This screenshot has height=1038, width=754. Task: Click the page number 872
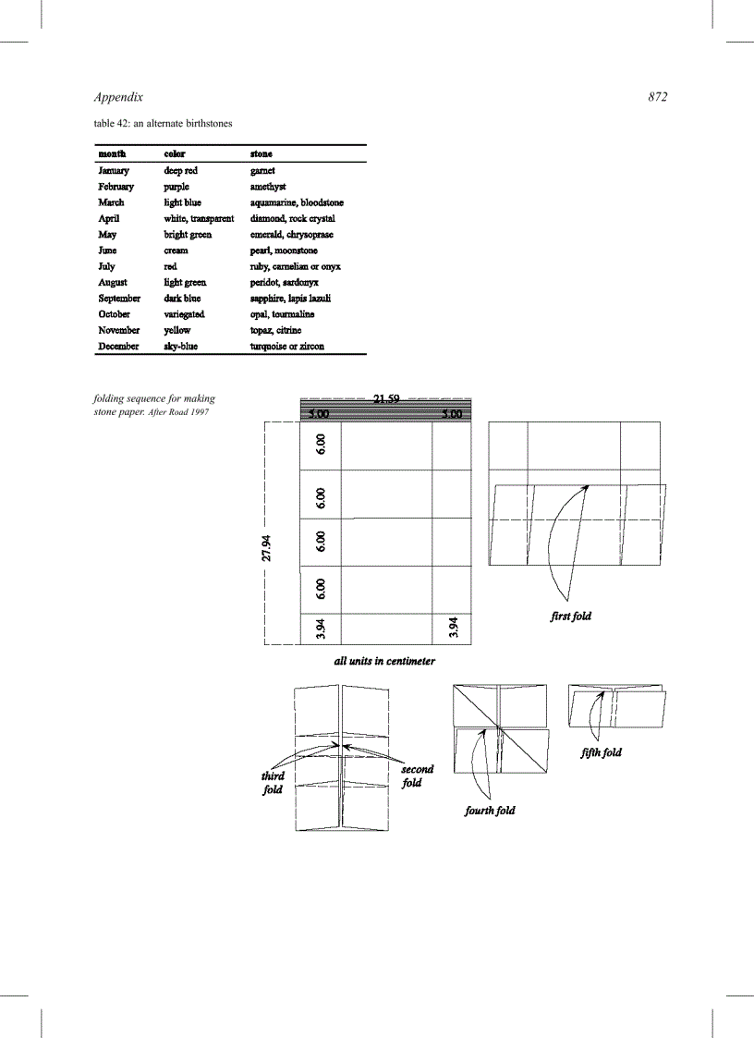[657, 97]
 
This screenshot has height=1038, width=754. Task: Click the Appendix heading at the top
[118, 97]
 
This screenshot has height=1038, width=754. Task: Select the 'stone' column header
[261, 153]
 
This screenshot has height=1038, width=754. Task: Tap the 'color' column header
[175, 153]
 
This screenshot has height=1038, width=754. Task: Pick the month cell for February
[116, 187]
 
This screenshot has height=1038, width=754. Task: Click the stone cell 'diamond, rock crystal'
[292, 219]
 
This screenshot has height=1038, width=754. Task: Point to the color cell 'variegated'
[185, 314]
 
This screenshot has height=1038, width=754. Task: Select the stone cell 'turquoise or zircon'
[286, 347]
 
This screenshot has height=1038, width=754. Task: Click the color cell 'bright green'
[188, 235]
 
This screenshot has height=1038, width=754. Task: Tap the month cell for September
[119, 299]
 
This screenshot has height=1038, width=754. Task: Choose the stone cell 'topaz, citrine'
[275, 330]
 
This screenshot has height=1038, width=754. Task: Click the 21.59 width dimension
[385, 400]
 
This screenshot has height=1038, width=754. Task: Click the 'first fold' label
[570, 617]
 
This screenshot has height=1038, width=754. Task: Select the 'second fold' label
[416, 775]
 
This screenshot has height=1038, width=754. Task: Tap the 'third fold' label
[273, 783]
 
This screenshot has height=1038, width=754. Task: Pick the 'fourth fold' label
[490, 811]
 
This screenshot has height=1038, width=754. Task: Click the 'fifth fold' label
[601, 752]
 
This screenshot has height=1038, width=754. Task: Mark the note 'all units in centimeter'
[384, 662]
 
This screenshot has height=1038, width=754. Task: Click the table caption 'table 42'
[163, 123]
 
